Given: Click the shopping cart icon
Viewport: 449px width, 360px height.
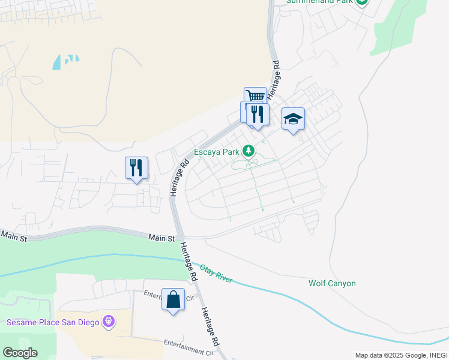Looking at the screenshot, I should tap(255, 96).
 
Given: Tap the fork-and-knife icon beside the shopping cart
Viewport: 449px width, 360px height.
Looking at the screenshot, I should tap(258, 113).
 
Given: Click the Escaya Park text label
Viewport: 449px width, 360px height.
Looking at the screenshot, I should tap(216, 152).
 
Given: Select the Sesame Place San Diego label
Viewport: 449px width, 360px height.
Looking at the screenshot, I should tap(52, 322).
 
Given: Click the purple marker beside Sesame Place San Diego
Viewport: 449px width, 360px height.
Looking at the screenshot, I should tap(109, 322).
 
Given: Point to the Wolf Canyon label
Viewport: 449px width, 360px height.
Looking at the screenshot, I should tap(332, 283).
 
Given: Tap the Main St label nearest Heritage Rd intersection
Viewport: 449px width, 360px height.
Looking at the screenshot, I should tap(161, 238).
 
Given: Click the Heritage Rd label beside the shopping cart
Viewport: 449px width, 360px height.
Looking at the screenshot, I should tap(274, 80).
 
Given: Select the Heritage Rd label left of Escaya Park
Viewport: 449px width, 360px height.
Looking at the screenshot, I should tap(179, 176).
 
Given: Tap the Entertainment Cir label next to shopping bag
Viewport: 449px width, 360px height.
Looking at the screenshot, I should tap(170, 295).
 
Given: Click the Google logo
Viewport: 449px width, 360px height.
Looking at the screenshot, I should tap(20, 353).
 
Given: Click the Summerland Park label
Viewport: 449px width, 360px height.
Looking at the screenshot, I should tap(319, 2).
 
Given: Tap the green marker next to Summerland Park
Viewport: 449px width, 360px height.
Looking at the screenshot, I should tap(361, 2).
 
